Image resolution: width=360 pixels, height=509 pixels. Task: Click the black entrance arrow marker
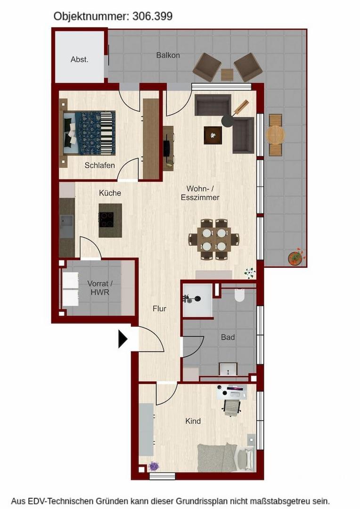123,339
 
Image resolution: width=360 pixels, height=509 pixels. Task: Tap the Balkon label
168,55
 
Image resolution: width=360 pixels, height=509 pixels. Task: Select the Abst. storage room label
80,59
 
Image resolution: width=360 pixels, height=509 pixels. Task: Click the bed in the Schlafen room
88,133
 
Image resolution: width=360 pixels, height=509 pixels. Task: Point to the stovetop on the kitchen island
106,220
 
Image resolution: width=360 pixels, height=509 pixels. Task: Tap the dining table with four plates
214,239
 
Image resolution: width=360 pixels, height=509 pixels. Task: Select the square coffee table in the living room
213,135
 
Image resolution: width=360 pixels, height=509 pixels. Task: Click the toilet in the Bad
239,295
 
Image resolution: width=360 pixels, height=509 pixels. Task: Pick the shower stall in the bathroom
198,300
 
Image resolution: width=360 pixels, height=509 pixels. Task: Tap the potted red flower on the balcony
296,257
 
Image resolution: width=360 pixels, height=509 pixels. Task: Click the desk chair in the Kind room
232,408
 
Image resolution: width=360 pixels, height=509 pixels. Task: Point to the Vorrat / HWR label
99,287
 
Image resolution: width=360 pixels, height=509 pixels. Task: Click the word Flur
159,309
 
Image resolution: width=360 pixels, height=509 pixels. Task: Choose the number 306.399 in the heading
152,16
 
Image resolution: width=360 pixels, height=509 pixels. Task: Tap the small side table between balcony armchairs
227,74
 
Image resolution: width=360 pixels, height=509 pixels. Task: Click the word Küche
110,193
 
